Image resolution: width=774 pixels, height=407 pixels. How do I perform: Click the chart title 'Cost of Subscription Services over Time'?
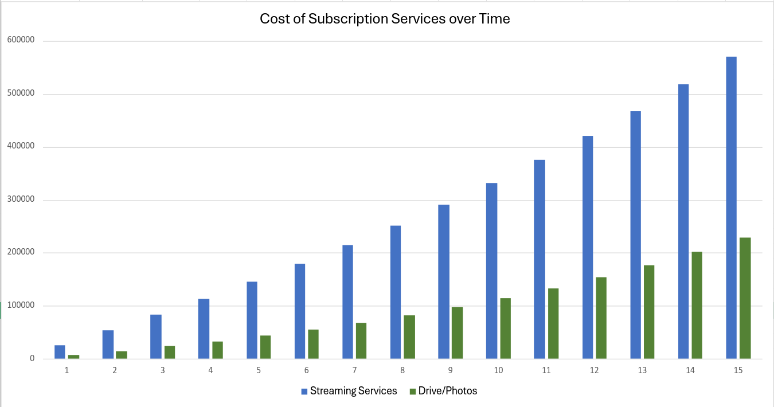coord(385,18)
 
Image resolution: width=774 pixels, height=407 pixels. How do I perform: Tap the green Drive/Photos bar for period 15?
coord(745,298)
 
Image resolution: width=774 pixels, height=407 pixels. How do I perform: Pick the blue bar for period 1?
coord(60,352)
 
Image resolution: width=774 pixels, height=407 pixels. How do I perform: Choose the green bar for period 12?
coord(601,318)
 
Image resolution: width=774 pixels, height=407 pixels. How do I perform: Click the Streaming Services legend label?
coord(353,391)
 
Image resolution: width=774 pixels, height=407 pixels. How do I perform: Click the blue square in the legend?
coord(304,392)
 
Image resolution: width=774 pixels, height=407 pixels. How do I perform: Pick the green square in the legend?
coord(413,392)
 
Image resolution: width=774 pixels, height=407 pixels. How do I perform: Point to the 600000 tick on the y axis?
coord(21,40)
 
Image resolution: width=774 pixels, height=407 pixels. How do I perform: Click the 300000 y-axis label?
coord(21,199)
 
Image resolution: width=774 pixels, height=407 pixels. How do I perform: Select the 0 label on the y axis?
coord(32,359)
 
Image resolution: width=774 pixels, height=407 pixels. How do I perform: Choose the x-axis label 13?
coord(642,370)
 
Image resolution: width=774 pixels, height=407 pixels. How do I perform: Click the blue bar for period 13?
coord(635,235)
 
